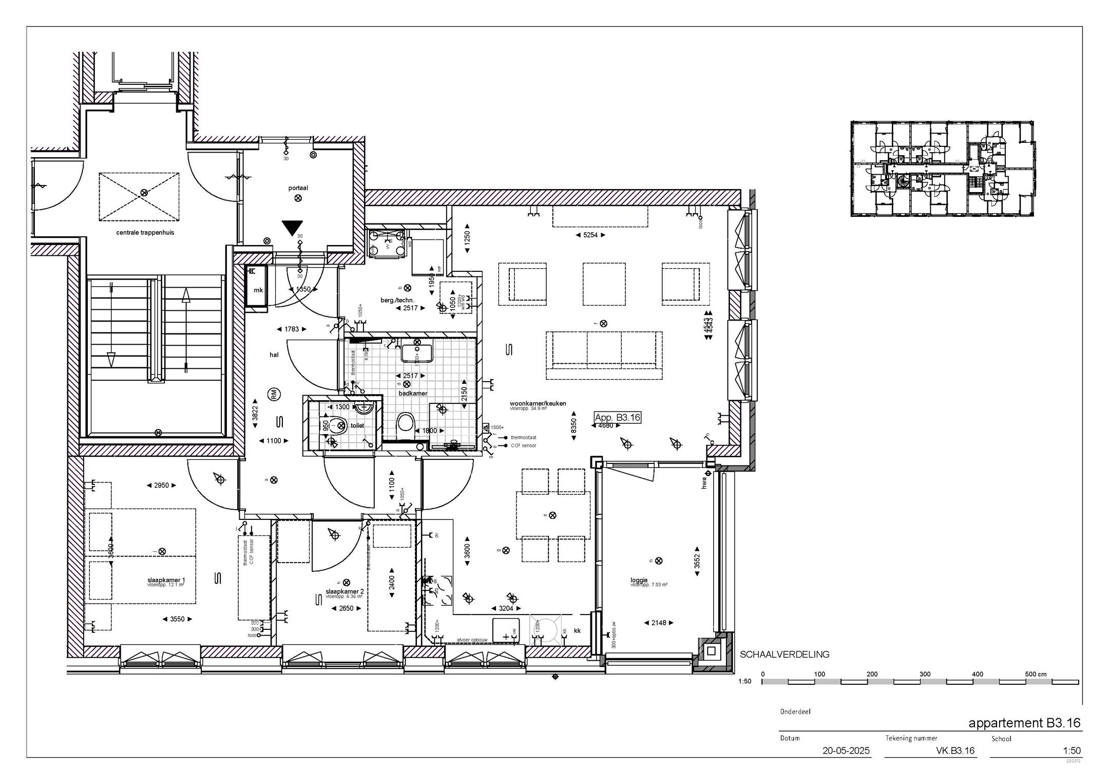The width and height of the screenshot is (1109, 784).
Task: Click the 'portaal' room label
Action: point(298,188)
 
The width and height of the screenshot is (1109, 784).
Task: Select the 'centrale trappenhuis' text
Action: point(145,232)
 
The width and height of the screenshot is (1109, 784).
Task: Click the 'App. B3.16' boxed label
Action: point(617,417)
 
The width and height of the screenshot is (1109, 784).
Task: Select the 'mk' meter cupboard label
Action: point(258,290)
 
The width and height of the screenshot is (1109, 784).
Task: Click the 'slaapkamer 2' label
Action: point(345,591)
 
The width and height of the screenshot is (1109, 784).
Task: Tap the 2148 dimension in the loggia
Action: point(658,623)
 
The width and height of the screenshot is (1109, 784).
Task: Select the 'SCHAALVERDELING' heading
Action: point(784,655)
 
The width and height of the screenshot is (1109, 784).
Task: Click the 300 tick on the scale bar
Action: point(924,674)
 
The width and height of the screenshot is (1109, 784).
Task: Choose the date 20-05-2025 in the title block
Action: point(846,751)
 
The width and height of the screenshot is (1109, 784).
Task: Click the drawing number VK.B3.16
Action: point(955,751)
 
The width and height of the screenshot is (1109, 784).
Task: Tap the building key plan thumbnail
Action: point(942,169)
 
